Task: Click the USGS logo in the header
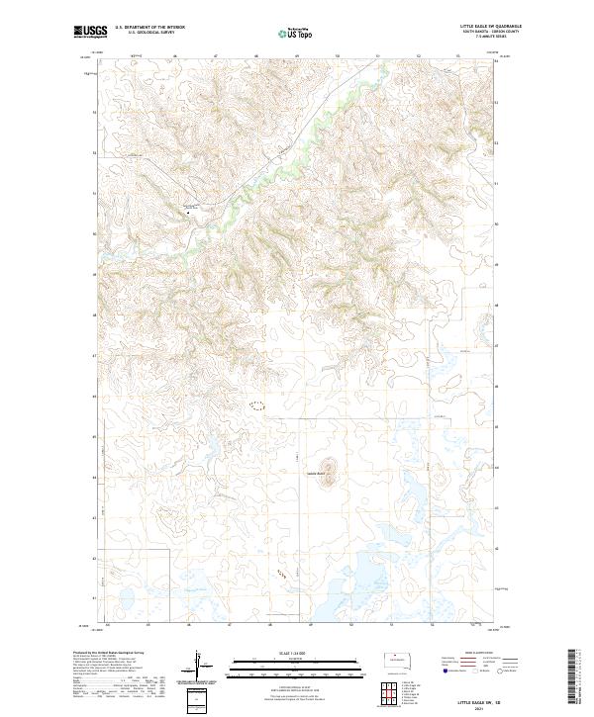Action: coord(91,32)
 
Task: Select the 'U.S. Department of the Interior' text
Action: coord(149,28)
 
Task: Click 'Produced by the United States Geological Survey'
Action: coord(109,653)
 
